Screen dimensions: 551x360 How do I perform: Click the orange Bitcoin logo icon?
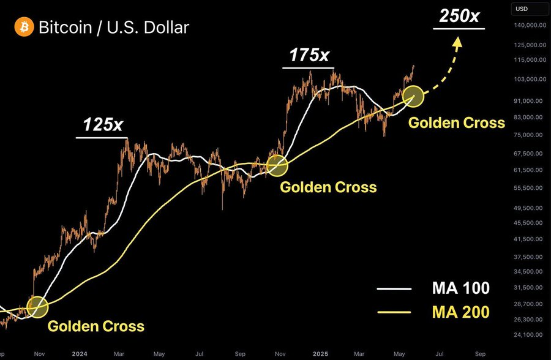point(24,27)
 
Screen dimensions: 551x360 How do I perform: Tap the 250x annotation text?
point(459,16)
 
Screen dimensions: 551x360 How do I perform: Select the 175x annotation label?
point(309,55)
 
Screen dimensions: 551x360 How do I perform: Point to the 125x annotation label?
point(103,124)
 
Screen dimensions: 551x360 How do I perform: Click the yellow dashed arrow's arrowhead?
point(457,42)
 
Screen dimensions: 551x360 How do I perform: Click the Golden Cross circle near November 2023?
point(37,307)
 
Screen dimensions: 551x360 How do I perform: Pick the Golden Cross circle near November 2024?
point(277,165)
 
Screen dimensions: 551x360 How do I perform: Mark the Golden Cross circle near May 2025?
point(413,96)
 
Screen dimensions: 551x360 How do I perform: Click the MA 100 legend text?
point(460,288)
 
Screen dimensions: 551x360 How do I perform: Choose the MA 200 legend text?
point(460,312)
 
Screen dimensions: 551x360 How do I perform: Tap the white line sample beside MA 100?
point(394,289)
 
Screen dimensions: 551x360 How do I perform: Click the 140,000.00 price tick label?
point(530,25)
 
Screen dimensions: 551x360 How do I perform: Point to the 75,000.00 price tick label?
point(530,135)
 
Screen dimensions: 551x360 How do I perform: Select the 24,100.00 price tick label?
point(530,335)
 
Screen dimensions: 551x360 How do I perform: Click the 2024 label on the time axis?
point(80,354)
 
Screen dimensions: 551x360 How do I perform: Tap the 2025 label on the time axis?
point(320,354)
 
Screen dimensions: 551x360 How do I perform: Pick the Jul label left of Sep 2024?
point(199,354)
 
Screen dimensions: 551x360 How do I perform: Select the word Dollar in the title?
point(167,28)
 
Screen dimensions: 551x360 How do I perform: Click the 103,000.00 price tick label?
point(530,79)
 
